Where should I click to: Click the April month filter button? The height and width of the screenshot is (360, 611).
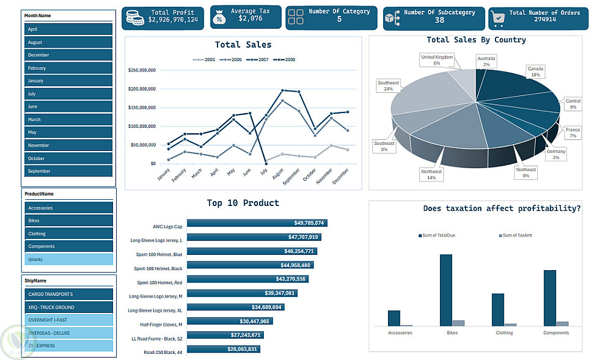click(x=68, y=29)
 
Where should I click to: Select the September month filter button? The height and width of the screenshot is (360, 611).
click(x=68, y=171)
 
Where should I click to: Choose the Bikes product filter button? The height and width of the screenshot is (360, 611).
click(x=68, y=221)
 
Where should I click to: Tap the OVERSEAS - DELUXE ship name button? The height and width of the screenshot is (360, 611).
click(x=68, y=333)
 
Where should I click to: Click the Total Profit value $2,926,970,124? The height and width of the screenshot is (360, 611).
click(x=173, y=20)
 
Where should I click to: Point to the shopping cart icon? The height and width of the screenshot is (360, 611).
click(x=499, y=18)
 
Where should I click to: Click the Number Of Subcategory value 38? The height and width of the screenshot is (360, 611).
click(x=439, y=20)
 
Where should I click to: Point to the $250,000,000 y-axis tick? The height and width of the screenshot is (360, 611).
click(x=142, y=70)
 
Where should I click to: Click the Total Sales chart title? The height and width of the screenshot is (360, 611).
click(x=243, y=45)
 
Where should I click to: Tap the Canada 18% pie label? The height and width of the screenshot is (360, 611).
click(x=535, y=72)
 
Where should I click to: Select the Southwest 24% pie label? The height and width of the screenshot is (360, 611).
click(x=388, y=86)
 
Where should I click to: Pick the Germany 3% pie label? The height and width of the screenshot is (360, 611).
click(x=556, y=154)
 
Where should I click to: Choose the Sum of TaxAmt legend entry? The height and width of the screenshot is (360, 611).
click(x=516, y=235)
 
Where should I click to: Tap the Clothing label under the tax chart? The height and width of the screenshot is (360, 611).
click(x=504, y=333)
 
